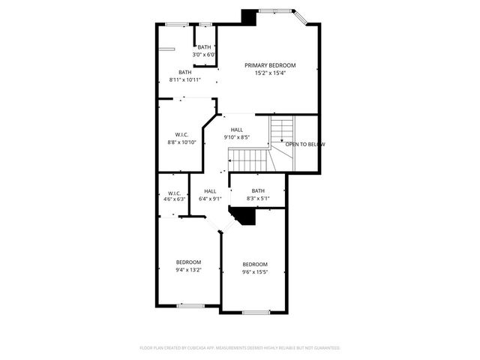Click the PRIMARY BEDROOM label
(270, 65)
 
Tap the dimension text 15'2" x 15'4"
(270, 73)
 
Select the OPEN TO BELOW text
(305, 144)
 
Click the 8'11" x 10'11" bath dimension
(184, 79)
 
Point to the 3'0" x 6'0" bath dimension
(204, 55)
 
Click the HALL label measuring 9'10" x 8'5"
(237, 130)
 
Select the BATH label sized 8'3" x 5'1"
(258, 190)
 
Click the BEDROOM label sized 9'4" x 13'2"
(188, 262)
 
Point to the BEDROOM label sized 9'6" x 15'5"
(255, 264)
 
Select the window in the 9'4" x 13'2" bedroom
(190, 305)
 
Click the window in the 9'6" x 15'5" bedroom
(256, 311)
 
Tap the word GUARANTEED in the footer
(322, 348)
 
